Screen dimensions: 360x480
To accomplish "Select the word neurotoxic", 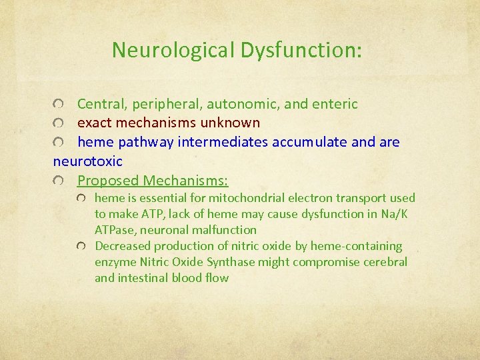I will (88, 161).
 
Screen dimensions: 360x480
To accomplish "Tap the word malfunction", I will (222, 230).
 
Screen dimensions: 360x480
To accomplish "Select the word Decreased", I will (121, 246).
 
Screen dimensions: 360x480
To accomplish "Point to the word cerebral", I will (385, 262).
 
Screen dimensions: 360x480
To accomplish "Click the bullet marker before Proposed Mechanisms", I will (61, 181).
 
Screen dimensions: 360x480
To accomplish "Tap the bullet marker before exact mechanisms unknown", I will (61, 124).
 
